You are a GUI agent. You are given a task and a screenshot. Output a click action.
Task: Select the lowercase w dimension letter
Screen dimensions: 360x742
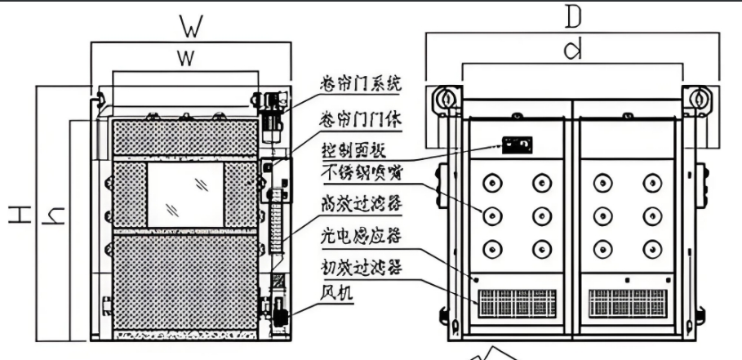pyautogui.click(x=187, y=58)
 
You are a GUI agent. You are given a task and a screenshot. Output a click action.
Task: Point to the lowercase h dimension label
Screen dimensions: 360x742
pyautogui.click(x=55, y=216)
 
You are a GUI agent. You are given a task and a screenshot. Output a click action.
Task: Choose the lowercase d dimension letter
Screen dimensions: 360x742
pyautogui.click(x=573, y=50)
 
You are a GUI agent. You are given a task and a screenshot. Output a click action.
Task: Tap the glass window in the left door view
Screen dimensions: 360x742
pyautogui.click(x=184, y=194)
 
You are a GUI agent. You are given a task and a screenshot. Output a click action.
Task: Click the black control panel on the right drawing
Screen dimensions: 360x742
pyautogui.click(x=516, y=145)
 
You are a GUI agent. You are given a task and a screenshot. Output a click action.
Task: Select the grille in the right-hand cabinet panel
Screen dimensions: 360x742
pyautogui.click(x=625, y=304)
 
